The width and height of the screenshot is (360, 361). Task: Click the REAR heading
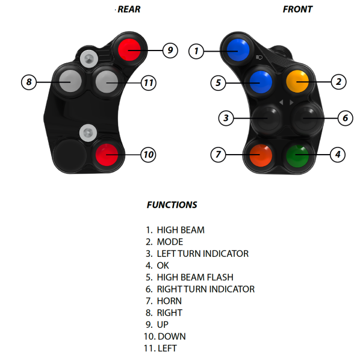click(x=129, y=10)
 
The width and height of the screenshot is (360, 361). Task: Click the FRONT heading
click(x=297, y=10)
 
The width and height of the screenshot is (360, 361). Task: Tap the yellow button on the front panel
click(x=297, y=81)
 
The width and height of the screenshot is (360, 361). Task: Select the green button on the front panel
click(x=297, y=155)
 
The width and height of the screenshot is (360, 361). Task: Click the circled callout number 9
click(x=170, y=50)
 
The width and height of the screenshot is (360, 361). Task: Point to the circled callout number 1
click(x=196, y=51)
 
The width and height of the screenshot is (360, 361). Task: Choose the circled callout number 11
click(x=149, y=83)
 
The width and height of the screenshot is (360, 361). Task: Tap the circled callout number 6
click(x=346, y=118)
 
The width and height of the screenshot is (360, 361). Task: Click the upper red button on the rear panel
click(x=129, y=50)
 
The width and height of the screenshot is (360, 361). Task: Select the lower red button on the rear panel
click(x=107, y=155)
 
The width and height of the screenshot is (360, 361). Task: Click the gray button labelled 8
click(x=70, y=81)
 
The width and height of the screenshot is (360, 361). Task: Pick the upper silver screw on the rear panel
click(x=89, y=59)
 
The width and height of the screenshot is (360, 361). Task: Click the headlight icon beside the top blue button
click(x=259, y=57)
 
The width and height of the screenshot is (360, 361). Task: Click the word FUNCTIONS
click(x=172, y=205)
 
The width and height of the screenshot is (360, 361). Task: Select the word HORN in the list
click(x=169, y=301)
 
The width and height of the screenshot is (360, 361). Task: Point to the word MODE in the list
click(x=170, y=242)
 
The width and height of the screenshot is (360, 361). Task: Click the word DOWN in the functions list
click(x=172, y=336)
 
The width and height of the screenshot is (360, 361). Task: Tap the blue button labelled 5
click(x=261, y=82)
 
